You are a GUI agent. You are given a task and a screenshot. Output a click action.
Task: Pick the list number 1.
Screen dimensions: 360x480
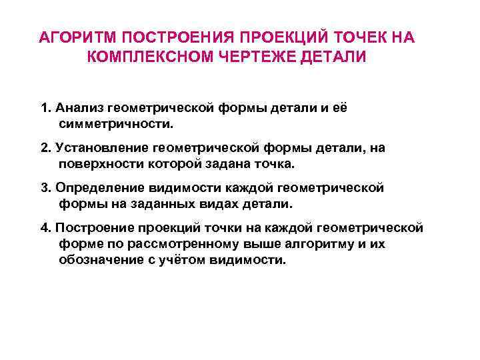click(x=45, y=108)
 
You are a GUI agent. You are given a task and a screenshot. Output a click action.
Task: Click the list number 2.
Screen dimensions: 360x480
click(x=45, y=147)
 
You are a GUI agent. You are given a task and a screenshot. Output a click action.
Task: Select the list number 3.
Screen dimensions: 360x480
click(x=45, y=188)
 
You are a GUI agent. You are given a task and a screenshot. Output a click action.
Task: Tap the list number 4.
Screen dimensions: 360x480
click(x=45, y=228)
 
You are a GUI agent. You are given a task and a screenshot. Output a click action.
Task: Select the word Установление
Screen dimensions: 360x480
click(x=97, y=147)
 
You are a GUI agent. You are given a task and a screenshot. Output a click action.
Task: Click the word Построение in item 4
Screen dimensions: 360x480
click(x=91, y=228)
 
